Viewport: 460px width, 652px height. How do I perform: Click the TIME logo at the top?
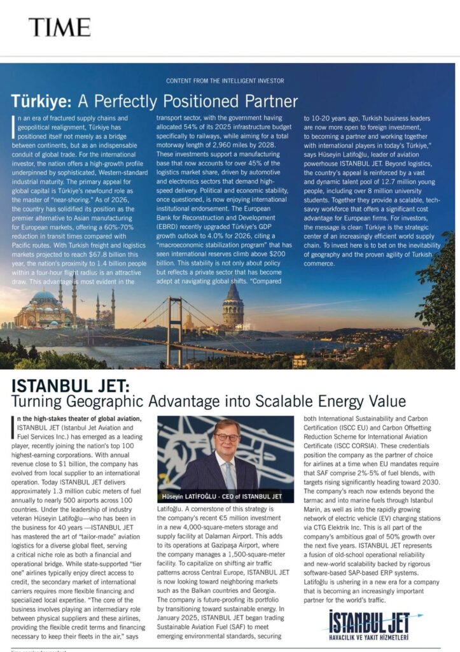point(59,27)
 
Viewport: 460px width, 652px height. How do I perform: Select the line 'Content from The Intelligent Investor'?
point(225,81)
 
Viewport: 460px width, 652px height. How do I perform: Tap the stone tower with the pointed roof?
point(233,305)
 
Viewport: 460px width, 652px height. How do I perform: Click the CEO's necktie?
point(228,474)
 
